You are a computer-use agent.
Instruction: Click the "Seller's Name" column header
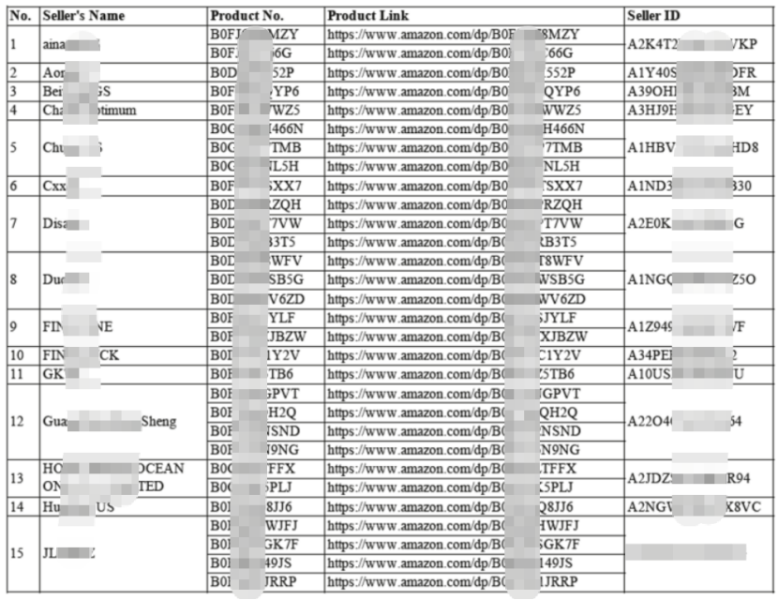pyautogui.click(x=82, y=16)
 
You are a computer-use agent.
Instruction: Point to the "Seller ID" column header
pyautogui.click(x=653, y=16)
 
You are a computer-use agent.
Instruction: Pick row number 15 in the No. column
pyautogui.click(x=17, y=553)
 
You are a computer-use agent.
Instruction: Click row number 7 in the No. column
pyautogui.click(x=13, y=223)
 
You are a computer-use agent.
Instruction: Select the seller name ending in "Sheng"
pyautogui.click(x=109, y=422)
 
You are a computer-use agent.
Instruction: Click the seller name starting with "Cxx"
pyautogui.click(x=54, y=186)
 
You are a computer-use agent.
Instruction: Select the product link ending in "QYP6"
pyautogui.click(x=454, y=91)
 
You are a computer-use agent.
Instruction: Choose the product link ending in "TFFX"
pyautogui.click(x=452, y=468)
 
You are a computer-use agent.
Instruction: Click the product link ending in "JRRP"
pyautogui.click(x=454, y=581)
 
